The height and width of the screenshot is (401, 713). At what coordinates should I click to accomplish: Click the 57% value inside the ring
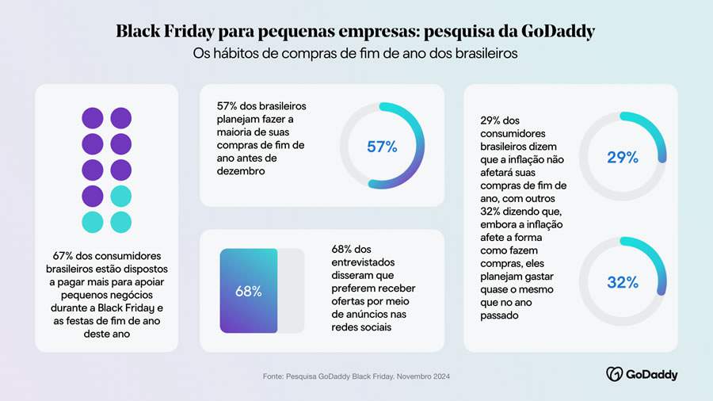tap(382, 147)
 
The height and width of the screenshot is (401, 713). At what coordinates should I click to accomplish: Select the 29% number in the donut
tap(622, 158)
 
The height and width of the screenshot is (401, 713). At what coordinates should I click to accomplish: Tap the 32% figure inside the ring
tap(622, 282)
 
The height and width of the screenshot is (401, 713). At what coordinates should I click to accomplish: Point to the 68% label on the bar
tap(248, 291)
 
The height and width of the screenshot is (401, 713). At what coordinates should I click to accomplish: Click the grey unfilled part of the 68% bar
tap(291, 290)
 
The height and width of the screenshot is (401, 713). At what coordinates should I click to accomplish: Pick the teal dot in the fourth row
tap(120, 195)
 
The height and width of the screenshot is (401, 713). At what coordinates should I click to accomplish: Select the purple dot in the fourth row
tap(93, 195)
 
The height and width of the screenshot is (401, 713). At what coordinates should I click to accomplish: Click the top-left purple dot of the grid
tap(93, 118)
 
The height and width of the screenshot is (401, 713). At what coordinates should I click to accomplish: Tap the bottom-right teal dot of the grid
tap(120, 221)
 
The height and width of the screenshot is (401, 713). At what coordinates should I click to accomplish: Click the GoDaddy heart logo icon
tap(614, 374)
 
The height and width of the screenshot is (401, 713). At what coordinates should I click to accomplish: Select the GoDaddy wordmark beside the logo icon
tap(652, 374)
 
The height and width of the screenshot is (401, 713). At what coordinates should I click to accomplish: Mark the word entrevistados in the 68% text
tap(366, 262)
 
